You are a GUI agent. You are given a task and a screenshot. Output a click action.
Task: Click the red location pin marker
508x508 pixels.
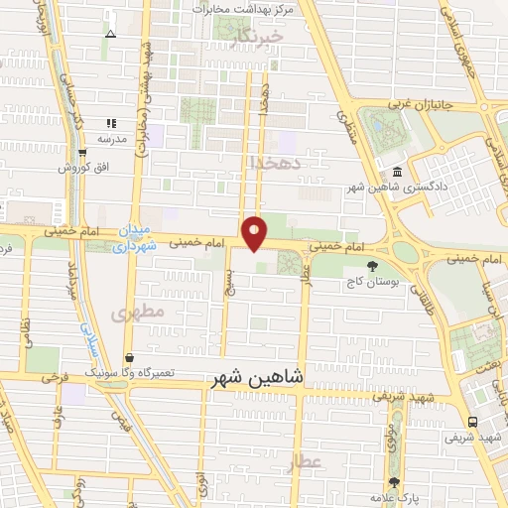256,232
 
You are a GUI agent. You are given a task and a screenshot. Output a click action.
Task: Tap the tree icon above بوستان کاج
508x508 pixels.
372,265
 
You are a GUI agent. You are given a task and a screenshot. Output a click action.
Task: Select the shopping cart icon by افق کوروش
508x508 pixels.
82,152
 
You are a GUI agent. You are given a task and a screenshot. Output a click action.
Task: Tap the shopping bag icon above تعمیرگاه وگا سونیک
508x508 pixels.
130,358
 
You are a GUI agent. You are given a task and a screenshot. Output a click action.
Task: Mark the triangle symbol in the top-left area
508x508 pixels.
110,34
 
